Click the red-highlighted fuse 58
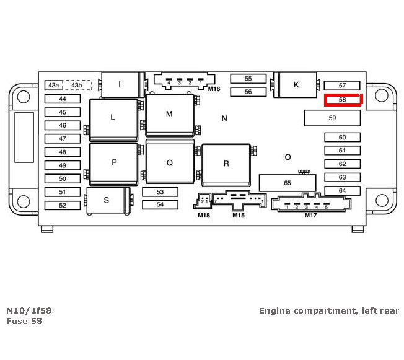(x=342, y=100)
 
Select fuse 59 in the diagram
(x=332, y=118)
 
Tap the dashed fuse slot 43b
(x=77, y=85)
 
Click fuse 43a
(x=54, y=85)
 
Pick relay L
(x=113, y=117)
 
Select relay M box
(x=169, y=115)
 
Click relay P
(x=113, y=162)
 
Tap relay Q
(x=170, y=163)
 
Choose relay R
(x=226, y=164)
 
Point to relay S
(x=107, y=200)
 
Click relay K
(x=296, y=85)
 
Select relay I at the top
(x=120, y=84)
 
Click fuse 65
(x=287, y=183)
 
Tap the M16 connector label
(x=214, y=89)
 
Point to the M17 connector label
(x=310, y=216)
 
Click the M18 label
(x=204, y=216)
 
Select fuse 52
(x=63, y=205)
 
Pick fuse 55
(x=248, y=79)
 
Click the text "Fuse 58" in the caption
(x=24, y=321)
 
